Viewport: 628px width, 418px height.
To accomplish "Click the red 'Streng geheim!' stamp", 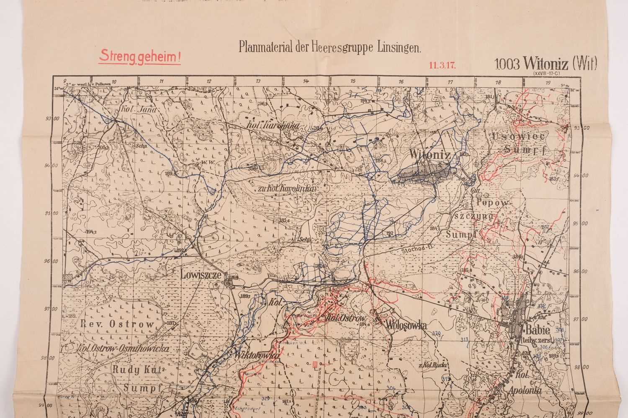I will click(139, 56).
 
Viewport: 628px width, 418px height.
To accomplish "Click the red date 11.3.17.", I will click(442, 65).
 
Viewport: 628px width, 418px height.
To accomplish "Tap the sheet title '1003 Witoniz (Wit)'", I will click(545, 64).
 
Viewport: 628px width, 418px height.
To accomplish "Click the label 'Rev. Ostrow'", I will click(111, 323).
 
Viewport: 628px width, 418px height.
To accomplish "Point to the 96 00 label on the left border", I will click(52, 262).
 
